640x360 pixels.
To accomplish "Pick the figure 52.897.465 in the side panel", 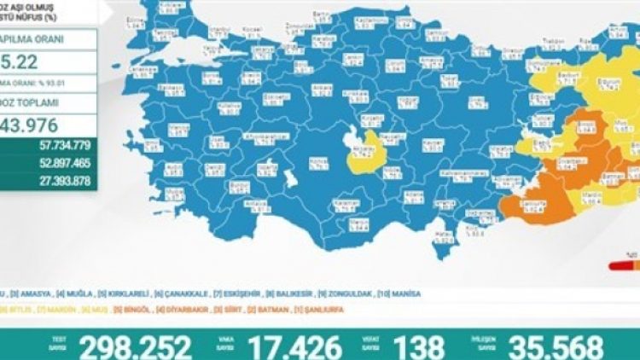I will click(x=74, y=161).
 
